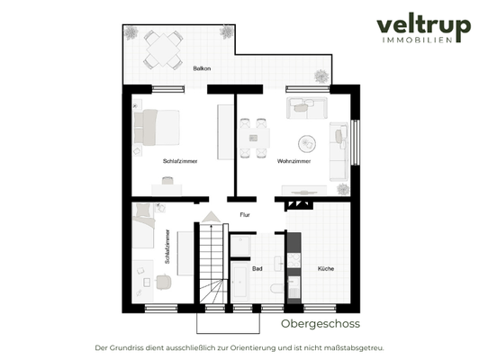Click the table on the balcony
point(159,47)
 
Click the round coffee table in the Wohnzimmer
point(306,142)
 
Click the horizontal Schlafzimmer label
point(180,161)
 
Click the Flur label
point(245,215)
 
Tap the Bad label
point(257,268)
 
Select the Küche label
point(325,268)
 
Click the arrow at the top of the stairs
point(211,216)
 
